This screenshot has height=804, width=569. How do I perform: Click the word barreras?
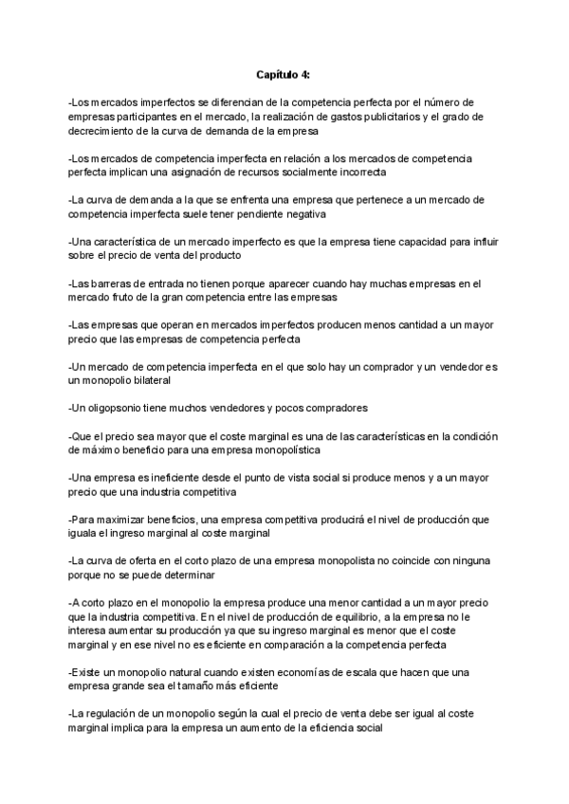pos(110,283)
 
